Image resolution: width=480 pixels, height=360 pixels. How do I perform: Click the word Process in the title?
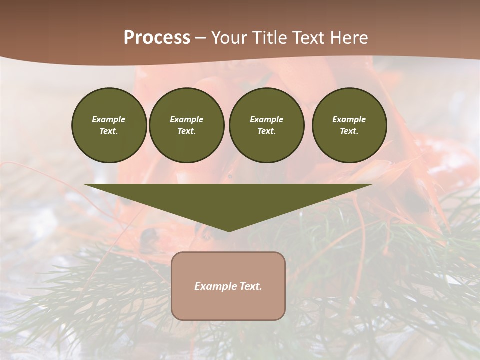157,38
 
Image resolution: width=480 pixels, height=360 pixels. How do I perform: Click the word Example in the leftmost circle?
109,119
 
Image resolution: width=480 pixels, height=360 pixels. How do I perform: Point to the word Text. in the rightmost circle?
349,131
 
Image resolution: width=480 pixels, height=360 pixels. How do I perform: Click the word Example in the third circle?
266,119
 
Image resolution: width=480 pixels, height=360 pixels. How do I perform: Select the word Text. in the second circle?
186,131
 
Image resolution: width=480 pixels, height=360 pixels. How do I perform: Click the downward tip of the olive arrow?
229,229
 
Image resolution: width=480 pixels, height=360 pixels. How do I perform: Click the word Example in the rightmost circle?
349,119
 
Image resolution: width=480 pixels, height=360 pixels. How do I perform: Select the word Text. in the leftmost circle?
109,131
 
